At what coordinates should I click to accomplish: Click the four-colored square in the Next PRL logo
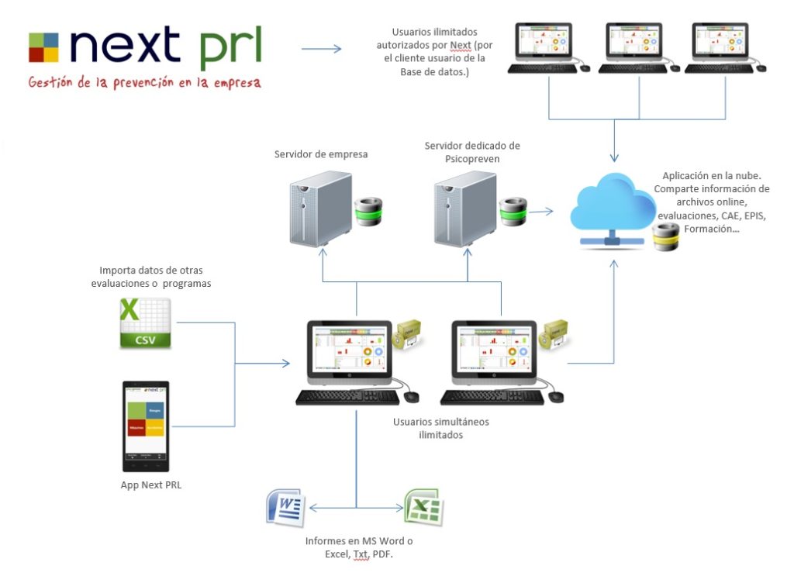click(x=43, y=47)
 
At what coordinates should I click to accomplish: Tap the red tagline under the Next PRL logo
click(x=144, y=82)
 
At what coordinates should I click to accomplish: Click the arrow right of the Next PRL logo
click(x=320, y=49)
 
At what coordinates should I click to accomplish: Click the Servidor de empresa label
click(x=321, y=154)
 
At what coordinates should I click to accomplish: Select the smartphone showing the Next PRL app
click(x=146, y=426)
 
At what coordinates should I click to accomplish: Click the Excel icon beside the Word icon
click(x=423, y=508)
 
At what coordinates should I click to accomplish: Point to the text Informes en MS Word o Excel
click(x=358, y=547)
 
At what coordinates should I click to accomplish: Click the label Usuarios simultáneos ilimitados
click(x=440, y=429)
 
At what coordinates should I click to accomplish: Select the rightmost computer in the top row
click(x=725, y=47)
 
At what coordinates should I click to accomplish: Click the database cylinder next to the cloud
click(x=666, y=236)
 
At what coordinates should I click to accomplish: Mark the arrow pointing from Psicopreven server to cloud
click(x=544, y=210)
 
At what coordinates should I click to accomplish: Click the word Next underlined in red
click(x=461, y=45)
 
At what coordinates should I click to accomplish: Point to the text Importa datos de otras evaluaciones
click(x=156, y=278)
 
